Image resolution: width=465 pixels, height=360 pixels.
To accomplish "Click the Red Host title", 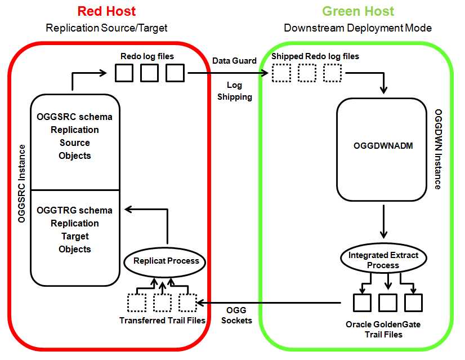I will click(106, 11).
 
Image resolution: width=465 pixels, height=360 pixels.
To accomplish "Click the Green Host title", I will click(358, 11).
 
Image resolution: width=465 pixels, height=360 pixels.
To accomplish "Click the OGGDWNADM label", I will click(383, 146).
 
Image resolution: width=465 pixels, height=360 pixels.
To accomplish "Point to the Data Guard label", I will click(234, 60).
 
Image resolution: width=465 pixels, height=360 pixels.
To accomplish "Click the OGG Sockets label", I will click(236, 315).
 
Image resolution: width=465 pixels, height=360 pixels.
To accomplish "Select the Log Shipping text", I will click(235, 91).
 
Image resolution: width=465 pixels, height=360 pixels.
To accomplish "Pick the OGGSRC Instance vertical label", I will click(22, 184).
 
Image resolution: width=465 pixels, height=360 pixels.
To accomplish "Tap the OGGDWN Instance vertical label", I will click(437, 149).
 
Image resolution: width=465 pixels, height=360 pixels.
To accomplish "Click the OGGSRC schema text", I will click(74, 117).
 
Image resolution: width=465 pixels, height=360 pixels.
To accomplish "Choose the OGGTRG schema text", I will click(74, 210).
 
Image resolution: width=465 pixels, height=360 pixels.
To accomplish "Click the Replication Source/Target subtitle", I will click(106, 28).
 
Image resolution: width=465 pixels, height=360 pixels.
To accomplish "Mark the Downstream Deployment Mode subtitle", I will click(358, 28).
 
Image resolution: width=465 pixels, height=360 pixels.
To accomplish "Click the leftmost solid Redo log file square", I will click(123, 73).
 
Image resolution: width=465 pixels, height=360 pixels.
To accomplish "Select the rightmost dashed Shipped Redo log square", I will click(333, 73).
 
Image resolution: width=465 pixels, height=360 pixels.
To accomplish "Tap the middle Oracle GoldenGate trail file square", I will click(388, 303).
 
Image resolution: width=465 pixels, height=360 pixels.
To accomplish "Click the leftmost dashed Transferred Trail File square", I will click(137, 303).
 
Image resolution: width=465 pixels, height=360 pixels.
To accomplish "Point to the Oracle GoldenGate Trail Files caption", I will click(383, 330).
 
